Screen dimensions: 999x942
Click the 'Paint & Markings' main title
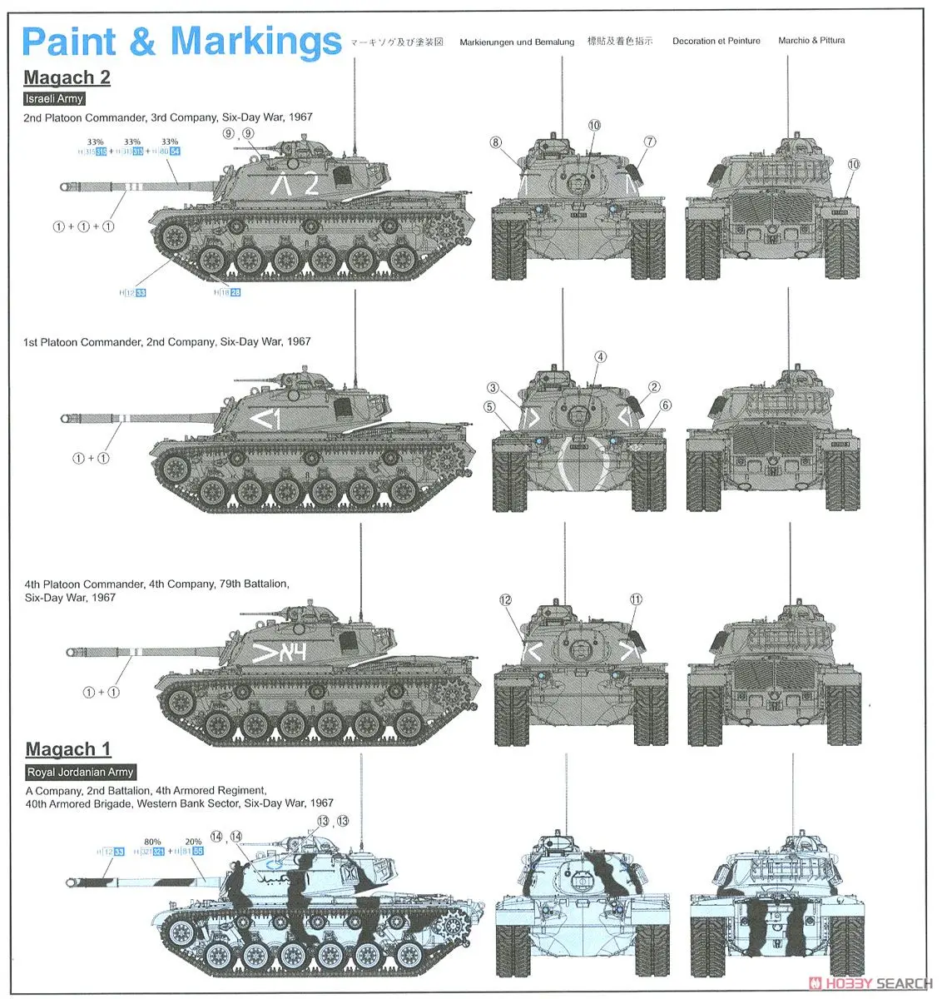click(181, 42)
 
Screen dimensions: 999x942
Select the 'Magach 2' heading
click(67, 77)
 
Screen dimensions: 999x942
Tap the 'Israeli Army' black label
click(54, 98)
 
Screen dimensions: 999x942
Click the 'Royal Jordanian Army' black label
click(80, 772)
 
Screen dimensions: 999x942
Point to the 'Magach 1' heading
click(67, 749)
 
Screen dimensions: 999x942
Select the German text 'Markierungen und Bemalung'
click(517, 42)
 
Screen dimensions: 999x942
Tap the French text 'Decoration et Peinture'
click(716, 41)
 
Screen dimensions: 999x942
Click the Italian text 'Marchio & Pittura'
click(811, 40)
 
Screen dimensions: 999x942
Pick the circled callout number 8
click(496, 142)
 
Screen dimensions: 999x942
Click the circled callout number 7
click(650, 142)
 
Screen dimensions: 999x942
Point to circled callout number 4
click(601, 357)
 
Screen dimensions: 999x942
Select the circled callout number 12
click(505, 600)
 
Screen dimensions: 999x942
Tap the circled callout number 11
click(636, 599)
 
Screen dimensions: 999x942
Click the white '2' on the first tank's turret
click(310, 184)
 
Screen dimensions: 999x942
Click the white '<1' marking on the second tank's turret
click(266, 420)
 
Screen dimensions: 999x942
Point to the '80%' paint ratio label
click(152, 842)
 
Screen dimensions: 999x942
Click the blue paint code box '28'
click(235, 292)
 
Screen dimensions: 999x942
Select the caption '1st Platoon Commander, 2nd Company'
click(166, 341)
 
